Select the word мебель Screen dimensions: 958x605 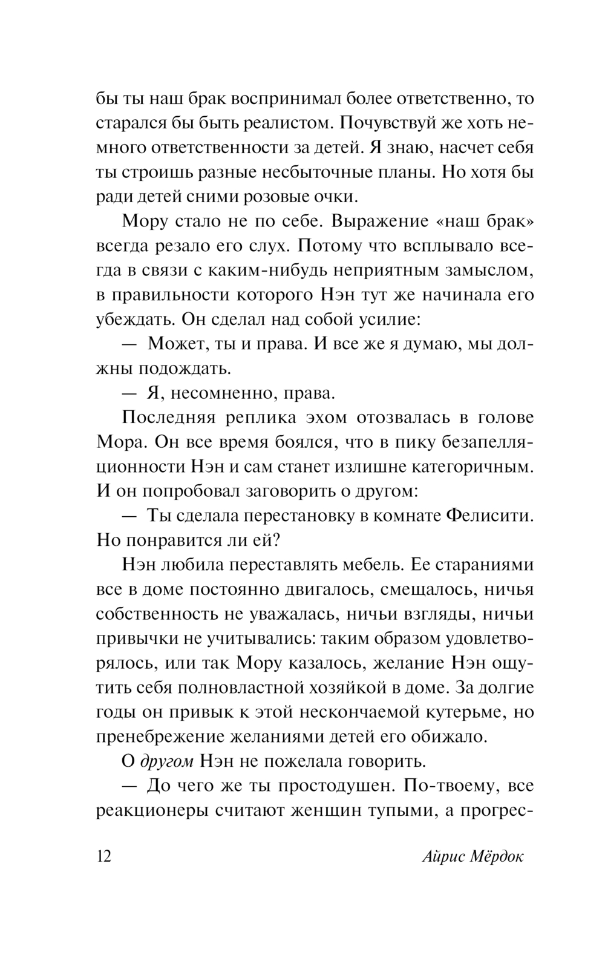[x=368, y=565]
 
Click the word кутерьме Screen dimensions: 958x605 [x=462, y=712]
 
